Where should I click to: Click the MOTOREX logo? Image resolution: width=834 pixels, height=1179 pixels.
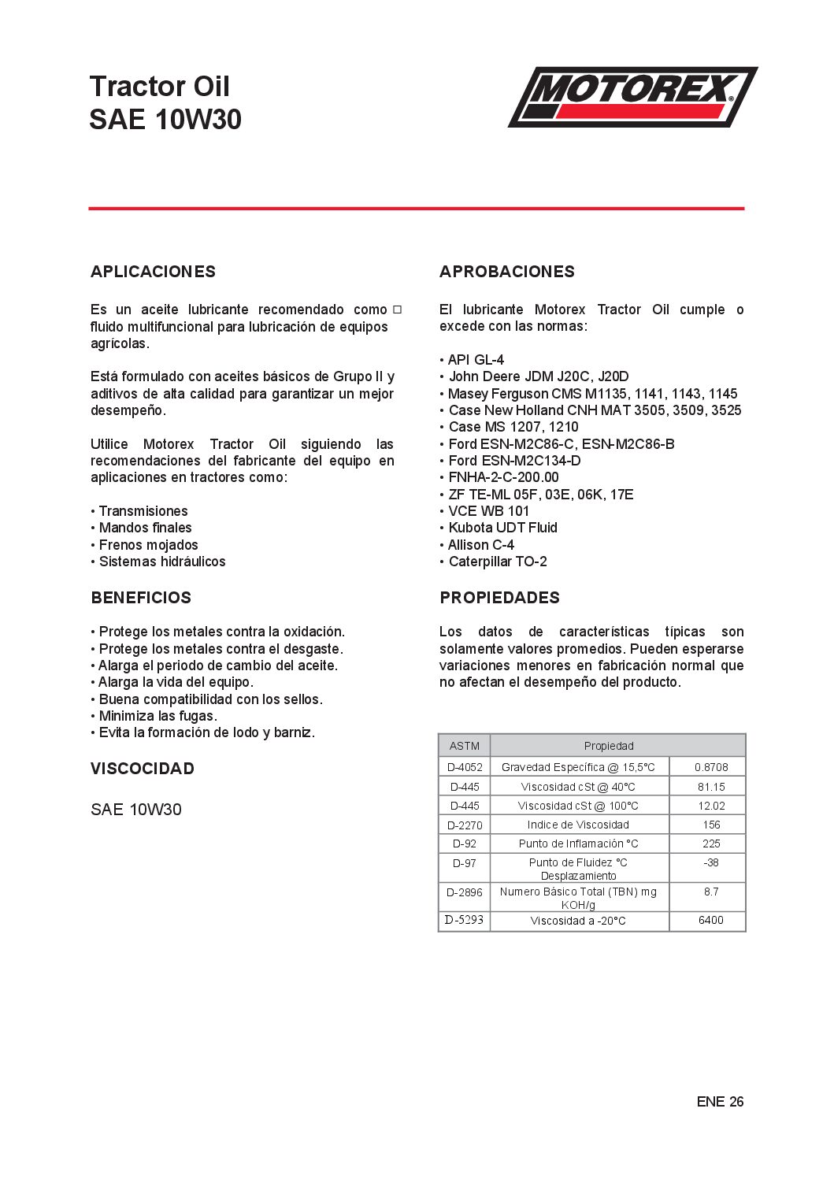[x=632, y=96]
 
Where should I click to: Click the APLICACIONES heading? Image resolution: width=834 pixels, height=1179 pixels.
[x=153, y=272]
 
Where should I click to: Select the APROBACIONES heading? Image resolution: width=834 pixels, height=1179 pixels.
[x=507, y=272]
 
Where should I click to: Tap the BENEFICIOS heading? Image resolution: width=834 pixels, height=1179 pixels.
[x=141, y=598]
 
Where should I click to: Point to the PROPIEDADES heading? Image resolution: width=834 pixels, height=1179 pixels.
[x=499, y=598]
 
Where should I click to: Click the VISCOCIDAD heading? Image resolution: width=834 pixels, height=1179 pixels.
[x=143, y=769]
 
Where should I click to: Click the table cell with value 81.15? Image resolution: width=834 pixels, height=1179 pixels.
[x=711, y=787]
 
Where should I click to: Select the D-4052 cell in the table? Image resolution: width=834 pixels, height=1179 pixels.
[x=465, y=767]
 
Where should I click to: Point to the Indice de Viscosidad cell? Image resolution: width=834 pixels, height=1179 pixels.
[x=578, y=825]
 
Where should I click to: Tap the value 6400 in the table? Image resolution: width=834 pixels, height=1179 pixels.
[x=711, y=920]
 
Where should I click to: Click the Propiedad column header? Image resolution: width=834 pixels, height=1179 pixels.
[x=609, y=746]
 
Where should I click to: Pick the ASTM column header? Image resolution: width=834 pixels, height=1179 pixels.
[x=465, y=746]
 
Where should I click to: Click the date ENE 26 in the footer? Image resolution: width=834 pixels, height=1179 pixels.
[x=720, y=1102]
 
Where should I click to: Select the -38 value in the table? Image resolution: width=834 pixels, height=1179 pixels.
[x=711, y=862]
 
